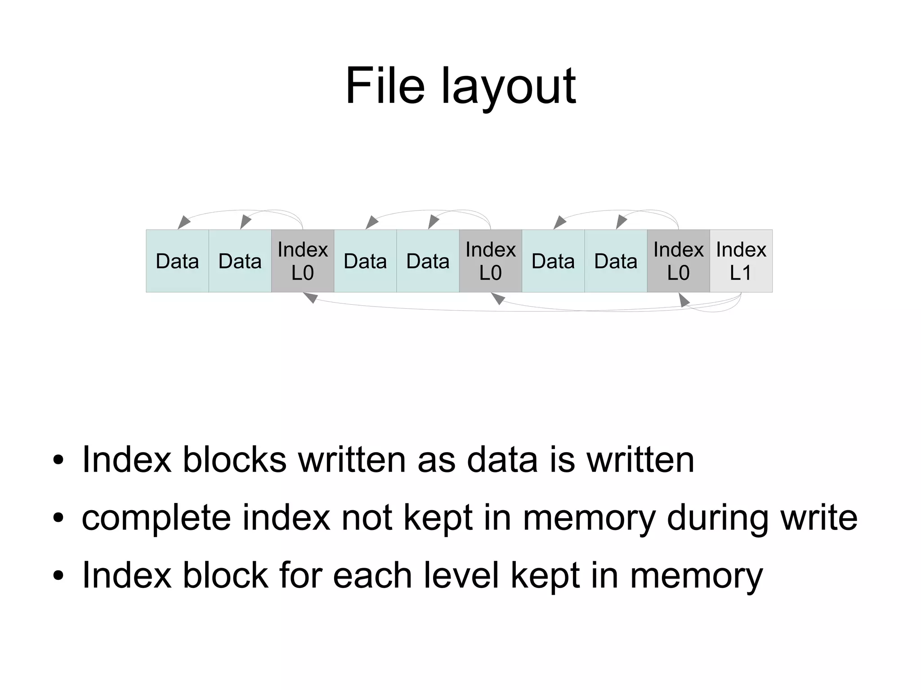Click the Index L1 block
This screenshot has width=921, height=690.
tap(741, 261)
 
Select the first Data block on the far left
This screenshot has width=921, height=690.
tap(177, 261)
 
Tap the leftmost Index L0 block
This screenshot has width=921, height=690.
tap(302, 261)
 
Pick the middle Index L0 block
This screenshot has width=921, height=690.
tap(490, 261)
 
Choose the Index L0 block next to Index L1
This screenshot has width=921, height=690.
tap(678, 261)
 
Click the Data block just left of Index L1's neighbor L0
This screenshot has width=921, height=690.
tap(616, 261)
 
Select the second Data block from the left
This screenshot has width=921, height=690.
tap(240, 261)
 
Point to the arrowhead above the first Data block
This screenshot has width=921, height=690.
tap(183, 222)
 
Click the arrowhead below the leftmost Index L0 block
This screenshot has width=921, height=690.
tap(311, 298)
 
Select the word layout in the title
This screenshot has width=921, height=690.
tap(508, 88)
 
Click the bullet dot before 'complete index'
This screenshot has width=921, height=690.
tap(58, 518)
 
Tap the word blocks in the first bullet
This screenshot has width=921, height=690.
tap(234, 459)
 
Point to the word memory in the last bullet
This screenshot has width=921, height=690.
tap(696, 576)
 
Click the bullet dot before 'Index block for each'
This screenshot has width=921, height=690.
tap(58, 575)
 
